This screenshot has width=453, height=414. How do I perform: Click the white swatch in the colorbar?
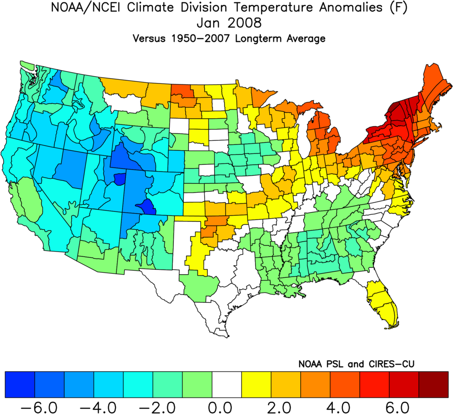point(226,384)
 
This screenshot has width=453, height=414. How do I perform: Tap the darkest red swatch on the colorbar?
point(433,384)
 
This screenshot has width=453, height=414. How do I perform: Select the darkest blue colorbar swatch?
point(19,384)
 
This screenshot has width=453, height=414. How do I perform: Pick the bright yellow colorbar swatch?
point(256,384)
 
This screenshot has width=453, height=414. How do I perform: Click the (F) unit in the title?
point(379,8)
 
